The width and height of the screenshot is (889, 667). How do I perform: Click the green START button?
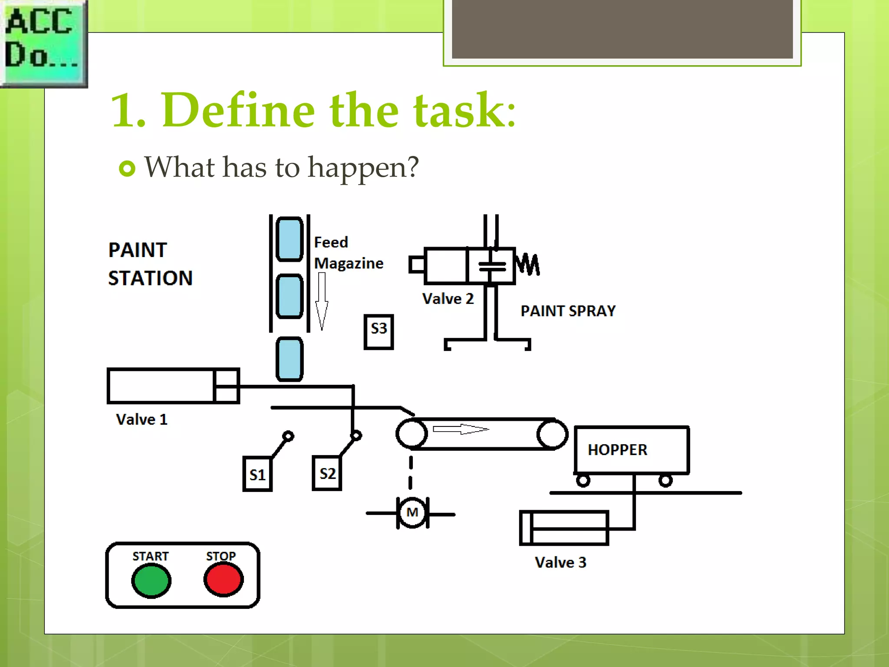(151, 580)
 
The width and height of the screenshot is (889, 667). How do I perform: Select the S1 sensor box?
(257, 474)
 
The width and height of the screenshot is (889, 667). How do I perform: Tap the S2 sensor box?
(327, 473)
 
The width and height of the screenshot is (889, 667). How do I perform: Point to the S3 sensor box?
(379, 332)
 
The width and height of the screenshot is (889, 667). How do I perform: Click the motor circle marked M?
(412, 513)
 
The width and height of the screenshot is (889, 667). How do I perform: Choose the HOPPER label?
(617, 450)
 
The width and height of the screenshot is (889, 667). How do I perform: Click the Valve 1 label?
(142, 419)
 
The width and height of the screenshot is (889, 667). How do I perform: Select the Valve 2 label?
(448, 299)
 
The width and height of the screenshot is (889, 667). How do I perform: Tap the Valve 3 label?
(560, 562)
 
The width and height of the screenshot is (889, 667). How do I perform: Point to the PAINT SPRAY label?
(568, 311)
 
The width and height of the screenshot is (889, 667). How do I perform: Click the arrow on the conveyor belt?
(461, 429)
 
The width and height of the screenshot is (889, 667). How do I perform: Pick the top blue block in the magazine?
(289, 239)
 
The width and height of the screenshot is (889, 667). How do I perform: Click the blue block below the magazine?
(289, 359)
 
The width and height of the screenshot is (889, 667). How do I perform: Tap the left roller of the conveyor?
(412, 433)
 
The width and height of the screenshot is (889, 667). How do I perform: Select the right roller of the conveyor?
(552, 433)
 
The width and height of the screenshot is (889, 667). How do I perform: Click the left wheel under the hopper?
(583, 481)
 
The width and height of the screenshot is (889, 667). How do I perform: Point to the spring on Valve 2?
(527, 264)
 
